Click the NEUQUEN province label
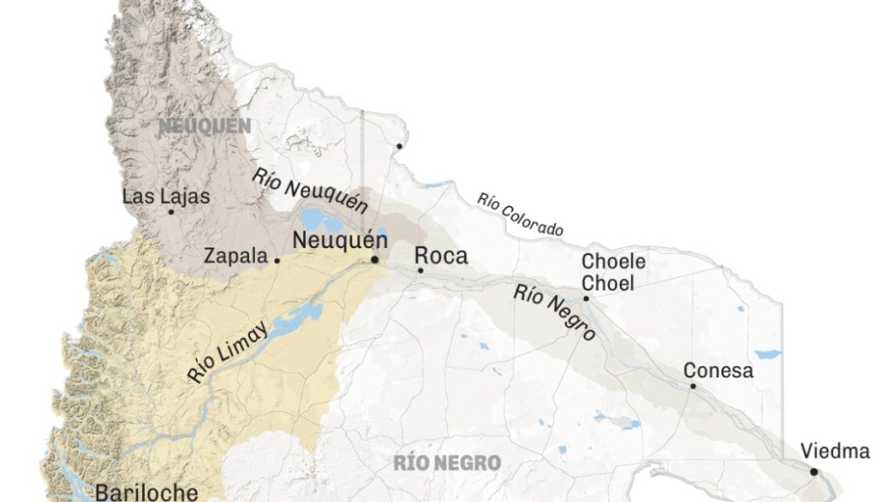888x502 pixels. (x=205, y=125)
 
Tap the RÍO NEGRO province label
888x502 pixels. (x=447, y=463)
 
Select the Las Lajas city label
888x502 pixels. (x=165, y=196)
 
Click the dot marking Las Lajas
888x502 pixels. (x=172, y=212)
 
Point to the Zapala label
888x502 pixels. (x=236, y=257)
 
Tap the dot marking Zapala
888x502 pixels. (x=277, y=260)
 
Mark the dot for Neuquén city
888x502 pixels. (x=375, y=260)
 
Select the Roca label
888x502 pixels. (x=440, y=256)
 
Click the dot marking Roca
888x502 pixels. (x=420, y=270)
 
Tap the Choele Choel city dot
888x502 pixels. (x=585, y=299)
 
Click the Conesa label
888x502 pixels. (x=718, y=371)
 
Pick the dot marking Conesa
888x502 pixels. (x=692, y=386)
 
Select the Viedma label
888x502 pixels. (x=835, y=452)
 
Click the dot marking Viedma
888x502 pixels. (x=814, y=472)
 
